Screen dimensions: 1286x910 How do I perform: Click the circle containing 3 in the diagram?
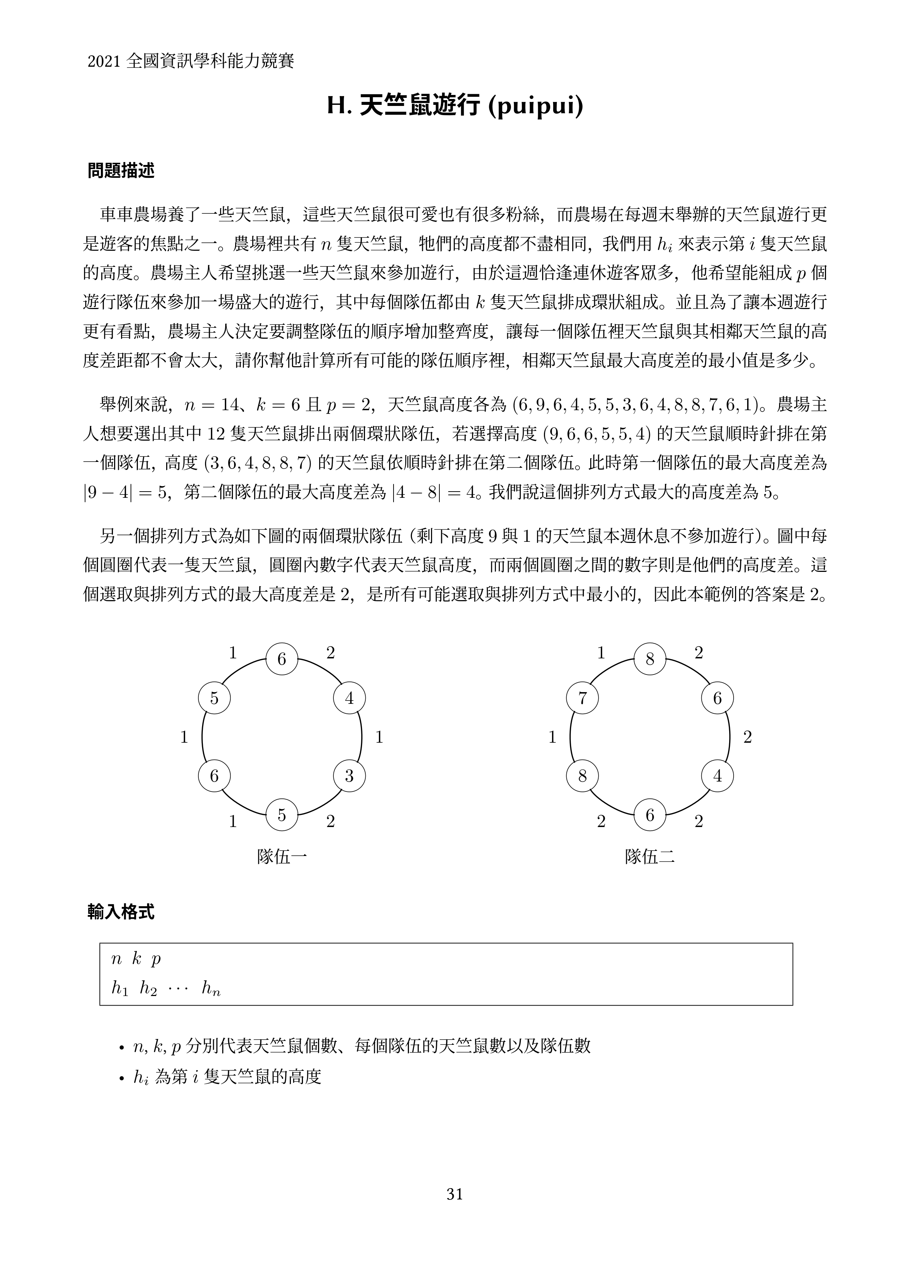[349, 776]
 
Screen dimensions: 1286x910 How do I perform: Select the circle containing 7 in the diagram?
[582, 698]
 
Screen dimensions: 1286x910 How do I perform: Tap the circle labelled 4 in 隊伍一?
[349, 698]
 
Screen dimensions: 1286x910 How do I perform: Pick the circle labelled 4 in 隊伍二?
[717, 776]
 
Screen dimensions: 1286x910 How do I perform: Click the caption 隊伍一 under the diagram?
[282, 857]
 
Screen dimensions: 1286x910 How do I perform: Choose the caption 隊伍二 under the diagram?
[650, 857]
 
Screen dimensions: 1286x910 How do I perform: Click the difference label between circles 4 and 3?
[379, 737]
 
